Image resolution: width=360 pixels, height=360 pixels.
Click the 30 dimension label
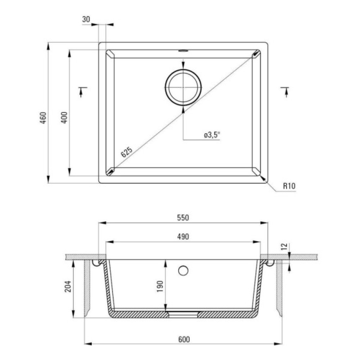[86, 19]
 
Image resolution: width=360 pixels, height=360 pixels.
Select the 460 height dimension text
[43, 118]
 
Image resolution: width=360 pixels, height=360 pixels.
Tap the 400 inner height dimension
[64, 118]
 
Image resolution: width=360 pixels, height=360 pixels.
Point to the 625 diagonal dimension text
[126, 152]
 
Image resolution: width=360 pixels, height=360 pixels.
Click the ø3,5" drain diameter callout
[212, 135]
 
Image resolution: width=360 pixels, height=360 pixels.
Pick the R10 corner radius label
[289, 186]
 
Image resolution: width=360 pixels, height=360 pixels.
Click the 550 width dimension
[183, 218]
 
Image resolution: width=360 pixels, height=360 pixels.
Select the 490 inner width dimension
[183, 237]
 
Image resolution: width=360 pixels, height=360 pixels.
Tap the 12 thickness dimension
[284, 247]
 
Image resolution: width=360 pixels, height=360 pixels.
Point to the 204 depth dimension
[68, 286]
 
